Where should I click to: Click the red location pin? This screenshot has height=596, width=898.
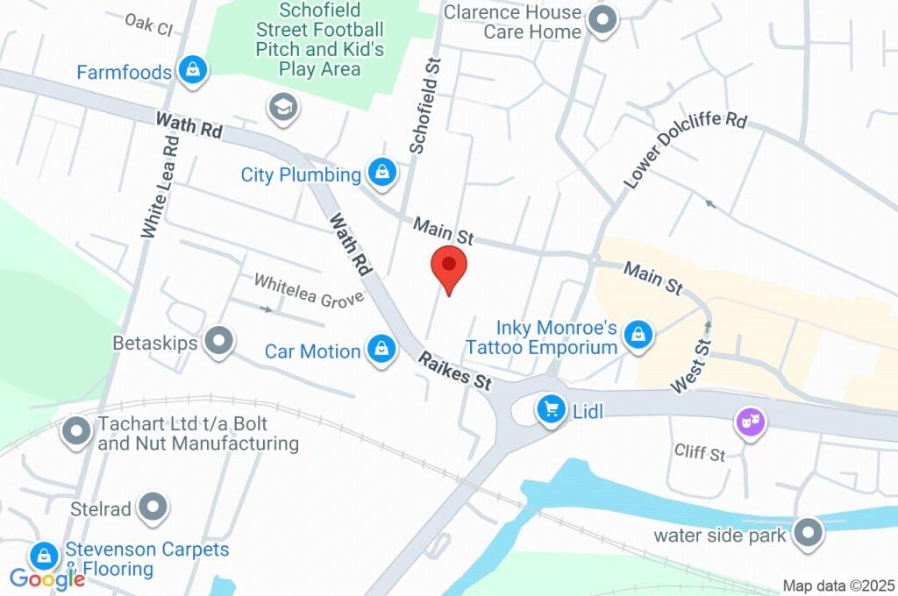pos(449,266)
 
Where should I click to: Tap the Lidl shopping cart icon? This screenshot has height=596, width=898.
pos(552,408)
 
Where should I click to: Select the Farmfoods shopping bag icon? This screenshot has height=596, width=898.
pos(191,71)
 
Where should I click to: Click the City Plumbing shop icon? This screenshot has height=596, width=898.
pos(381,174)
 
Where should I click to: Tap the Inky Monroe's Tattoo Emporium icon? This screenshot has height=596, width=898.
pos(639,335)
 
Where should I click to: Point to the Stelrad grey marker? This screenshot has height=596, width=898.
pos(154,507)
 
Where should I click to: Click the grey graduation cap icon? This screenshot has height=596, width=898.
pos(284,109)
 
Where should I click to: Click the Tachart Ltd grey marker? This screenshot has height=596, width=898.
pos(77,430)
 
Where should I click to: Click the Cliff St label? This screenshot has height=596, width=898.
pos(700,453)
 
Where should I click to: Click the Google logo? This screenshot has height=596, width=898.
pos(46,578)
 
